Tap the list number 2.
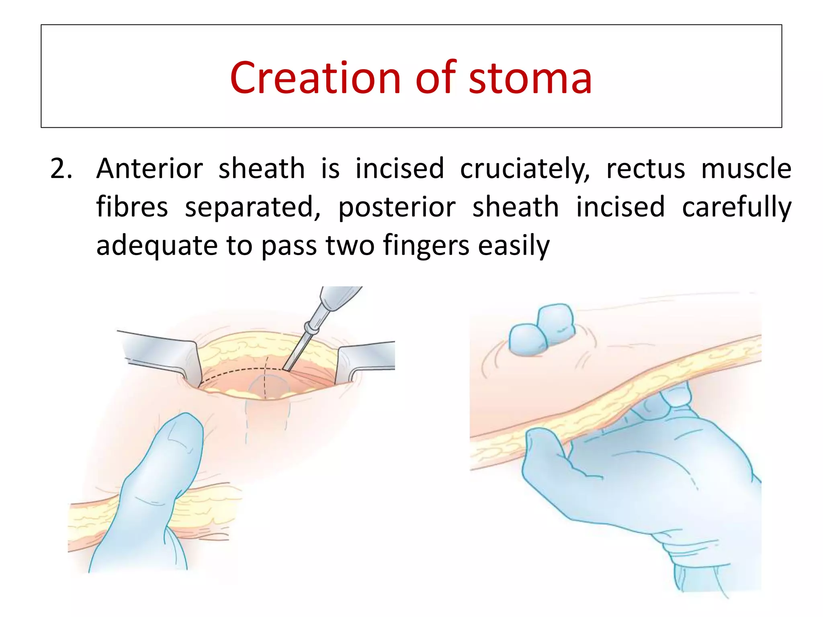tap(61, 169)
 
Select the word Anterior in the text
tap(149, 169)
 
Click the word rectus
tap(645, 169)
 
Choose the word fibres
tap(132, 207)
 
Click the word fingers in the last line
tap(426, 246)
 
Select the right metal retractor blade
tap(366, 358)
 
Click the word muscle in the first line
tap(746, 169)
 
